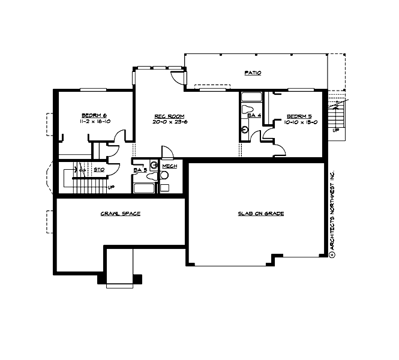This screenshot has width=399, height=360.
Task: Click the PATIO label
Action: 253,73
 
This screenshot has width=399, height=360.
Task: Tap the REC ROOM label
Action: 169,116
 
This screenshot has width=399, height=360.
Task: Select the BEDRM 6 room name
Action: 94,115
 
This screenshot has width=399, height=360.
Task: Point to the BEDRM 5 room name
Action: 299,116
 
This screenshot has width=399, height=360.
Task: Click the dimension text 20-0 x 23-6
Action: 169,122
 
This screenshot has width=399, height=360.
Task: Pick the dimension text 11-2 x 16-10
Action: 94,121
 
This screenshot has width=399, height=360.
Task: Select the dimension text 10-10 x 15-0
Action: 299,122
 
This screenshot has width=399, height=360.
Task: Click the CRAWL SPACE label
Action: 120,214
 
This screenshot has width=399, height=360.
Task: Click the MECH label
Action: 169,166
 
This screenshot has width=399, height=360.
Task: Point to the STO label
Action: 100,170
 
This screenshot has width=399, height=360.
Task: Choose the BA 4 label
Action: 254,115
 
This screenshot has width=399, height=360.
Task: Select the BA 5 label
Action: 140,170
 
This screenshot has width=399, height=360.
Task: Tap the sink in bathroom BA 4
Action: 245,128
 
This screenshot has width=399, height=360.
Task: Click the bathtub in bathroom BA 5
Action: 144,188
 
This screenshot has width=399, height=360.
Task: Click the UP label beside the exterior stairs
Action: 335,130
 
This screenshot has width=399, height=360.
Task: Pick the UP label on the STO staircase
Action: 111,187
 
